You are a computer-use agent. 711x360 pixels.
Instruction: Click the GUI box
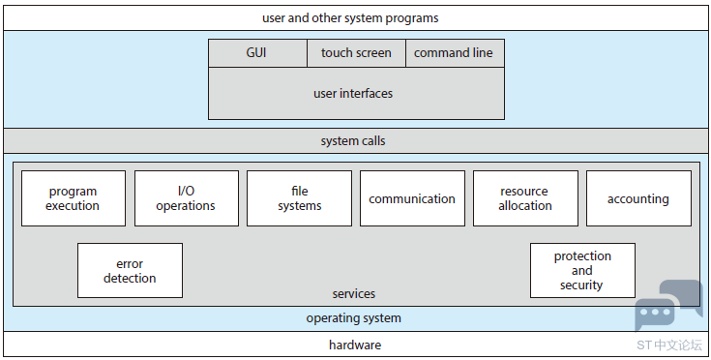(x=257, y=53)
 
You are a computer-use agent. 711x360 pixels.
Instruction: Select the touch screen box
(x=356, y=53)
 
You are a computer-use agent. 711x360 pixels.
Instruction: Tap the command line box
(x=455, y=53)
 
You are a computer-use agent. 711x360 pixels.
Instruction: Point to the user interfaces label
(x=353, y=94)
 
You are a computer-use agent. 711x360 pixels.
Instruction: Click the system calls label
(x=353, y=141)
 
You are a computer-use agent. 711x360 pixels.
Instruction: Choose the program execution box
(x=74, y=198)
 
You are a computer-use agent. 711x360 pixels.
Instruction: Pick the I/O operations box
(x=187, y=198)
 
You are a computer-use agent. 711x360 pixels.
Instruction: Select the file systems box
(x=299, y=198)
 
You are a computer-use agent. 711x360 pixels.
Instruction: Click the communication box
(x=412, y=198)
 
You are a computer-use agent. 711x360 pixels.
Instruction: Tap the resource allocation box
(x=525, y=198)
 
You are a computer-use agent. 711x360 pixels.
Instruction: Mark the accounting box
(x=638, y=198)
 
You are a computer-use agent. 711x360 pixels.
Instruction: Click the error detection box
(x=131, y=270)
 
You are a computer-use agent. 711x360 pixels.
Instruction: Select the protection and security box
(x=582, y=270)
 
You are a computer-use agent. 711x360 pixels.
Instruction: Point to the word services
(x=354, y=294)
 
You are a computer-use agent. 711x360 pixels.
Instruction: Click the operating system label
(x=354, y=317)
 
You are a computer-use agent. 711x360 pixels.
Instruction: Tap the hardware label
(x=355, y=345)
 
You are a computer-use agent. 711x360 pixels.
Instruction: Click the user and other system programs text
(x=350, y=18)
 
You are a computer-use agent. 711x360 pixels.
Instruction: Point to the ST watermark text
(x=669, y=345)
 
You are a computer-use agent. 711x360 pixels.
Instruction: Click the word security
(x=581, y=285)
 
